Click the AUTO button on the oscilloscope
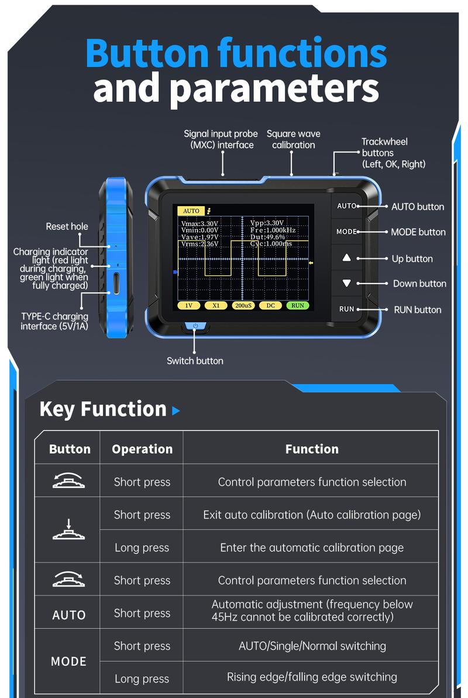347,206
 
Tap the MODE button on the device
347,232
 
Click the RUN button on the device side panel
347,309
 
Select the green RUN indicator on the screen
298,306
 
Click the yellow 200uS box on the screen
243,306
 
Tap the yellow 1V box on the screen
189,306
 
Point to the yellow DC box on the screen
270,306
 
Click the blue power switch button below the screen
195,327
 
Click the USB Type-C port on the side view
116,283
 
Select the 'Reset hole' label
67,227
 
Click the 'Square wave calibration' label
294,139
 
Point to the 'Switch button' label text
195,361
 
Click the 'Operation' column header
142,449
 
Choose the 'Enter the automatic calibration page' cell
312,548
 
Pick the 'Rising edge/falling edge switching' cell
312,678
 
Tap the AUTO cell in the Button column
69,615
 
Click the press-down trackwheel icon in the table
68,530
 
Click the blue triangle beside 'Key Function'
176,411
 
